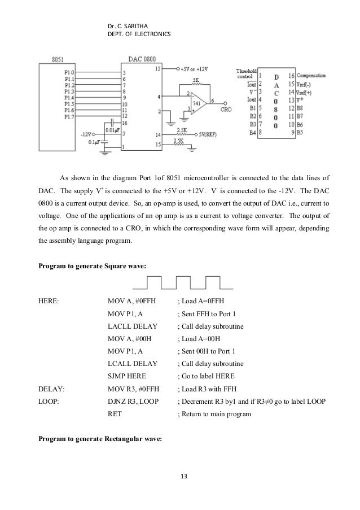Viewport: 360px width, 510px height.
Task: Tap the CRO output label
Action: pos(226,109)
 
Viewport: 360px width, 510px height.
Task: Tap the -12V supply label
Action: pos(86,134)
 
